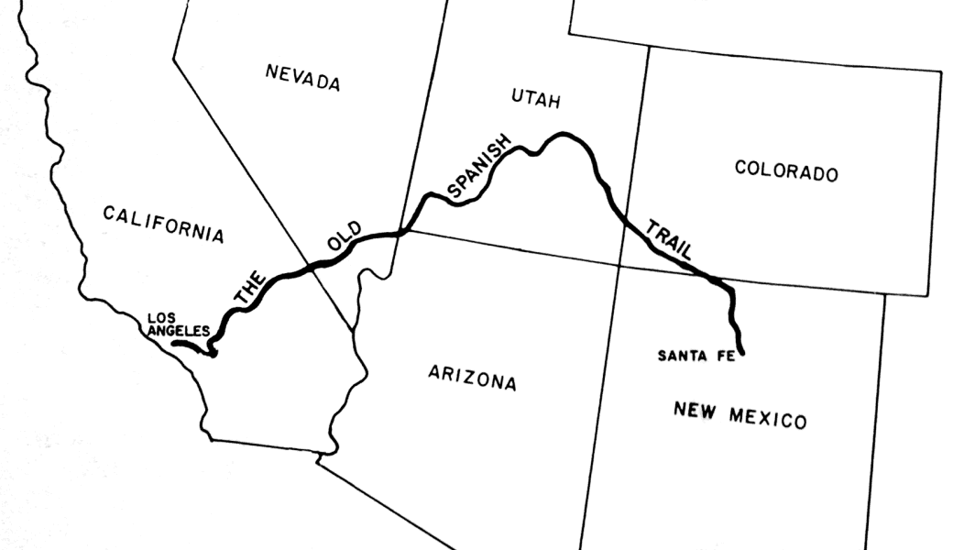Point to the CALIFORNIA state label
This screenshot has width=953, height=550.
point(163,224)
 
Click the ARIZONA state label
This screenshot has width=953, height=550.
point(472,377)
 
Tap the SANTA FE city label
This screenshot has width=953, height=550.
point(696,356)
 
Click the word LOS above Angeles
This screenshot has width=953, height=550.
point(161,319)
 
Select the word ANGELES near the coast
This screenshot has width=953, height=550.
point(179,331)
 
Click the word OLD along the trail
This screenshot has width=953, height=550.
point(344,236)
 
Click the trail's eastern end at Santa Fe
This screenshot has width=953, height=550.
point(740,351)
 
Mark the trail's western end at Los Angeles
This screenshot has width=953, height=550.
point(175,345)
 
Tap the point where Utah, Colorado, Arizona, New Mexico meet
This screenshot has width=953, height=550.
point(619,265)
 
